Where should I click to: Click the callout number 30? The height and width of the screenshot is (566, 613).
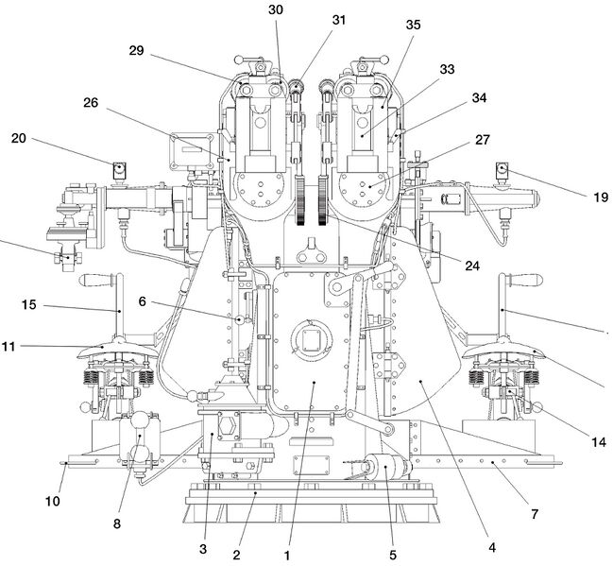[276, 9]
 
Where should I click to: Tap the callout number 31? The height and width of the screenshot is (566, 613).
[339, 20]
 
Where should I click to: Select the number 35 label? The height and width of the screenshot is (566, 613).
[413, 25]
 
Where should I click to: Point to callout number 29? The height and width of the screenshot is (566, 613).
[136, 50]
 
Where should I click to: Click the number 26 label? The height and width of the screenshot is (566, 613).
[91, 103]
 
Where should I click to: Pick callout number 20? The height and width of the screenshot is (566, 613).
[18, 138]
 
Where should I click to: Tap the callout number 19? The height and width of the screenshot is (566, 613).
[601, 197]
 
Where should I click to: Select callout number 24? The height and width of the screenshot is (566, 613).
[472, 266]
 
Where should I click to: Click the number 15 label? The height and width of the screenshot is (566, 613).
[28, 304]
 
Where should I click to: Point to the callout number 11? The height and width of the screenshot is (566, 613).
[9, 346]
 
